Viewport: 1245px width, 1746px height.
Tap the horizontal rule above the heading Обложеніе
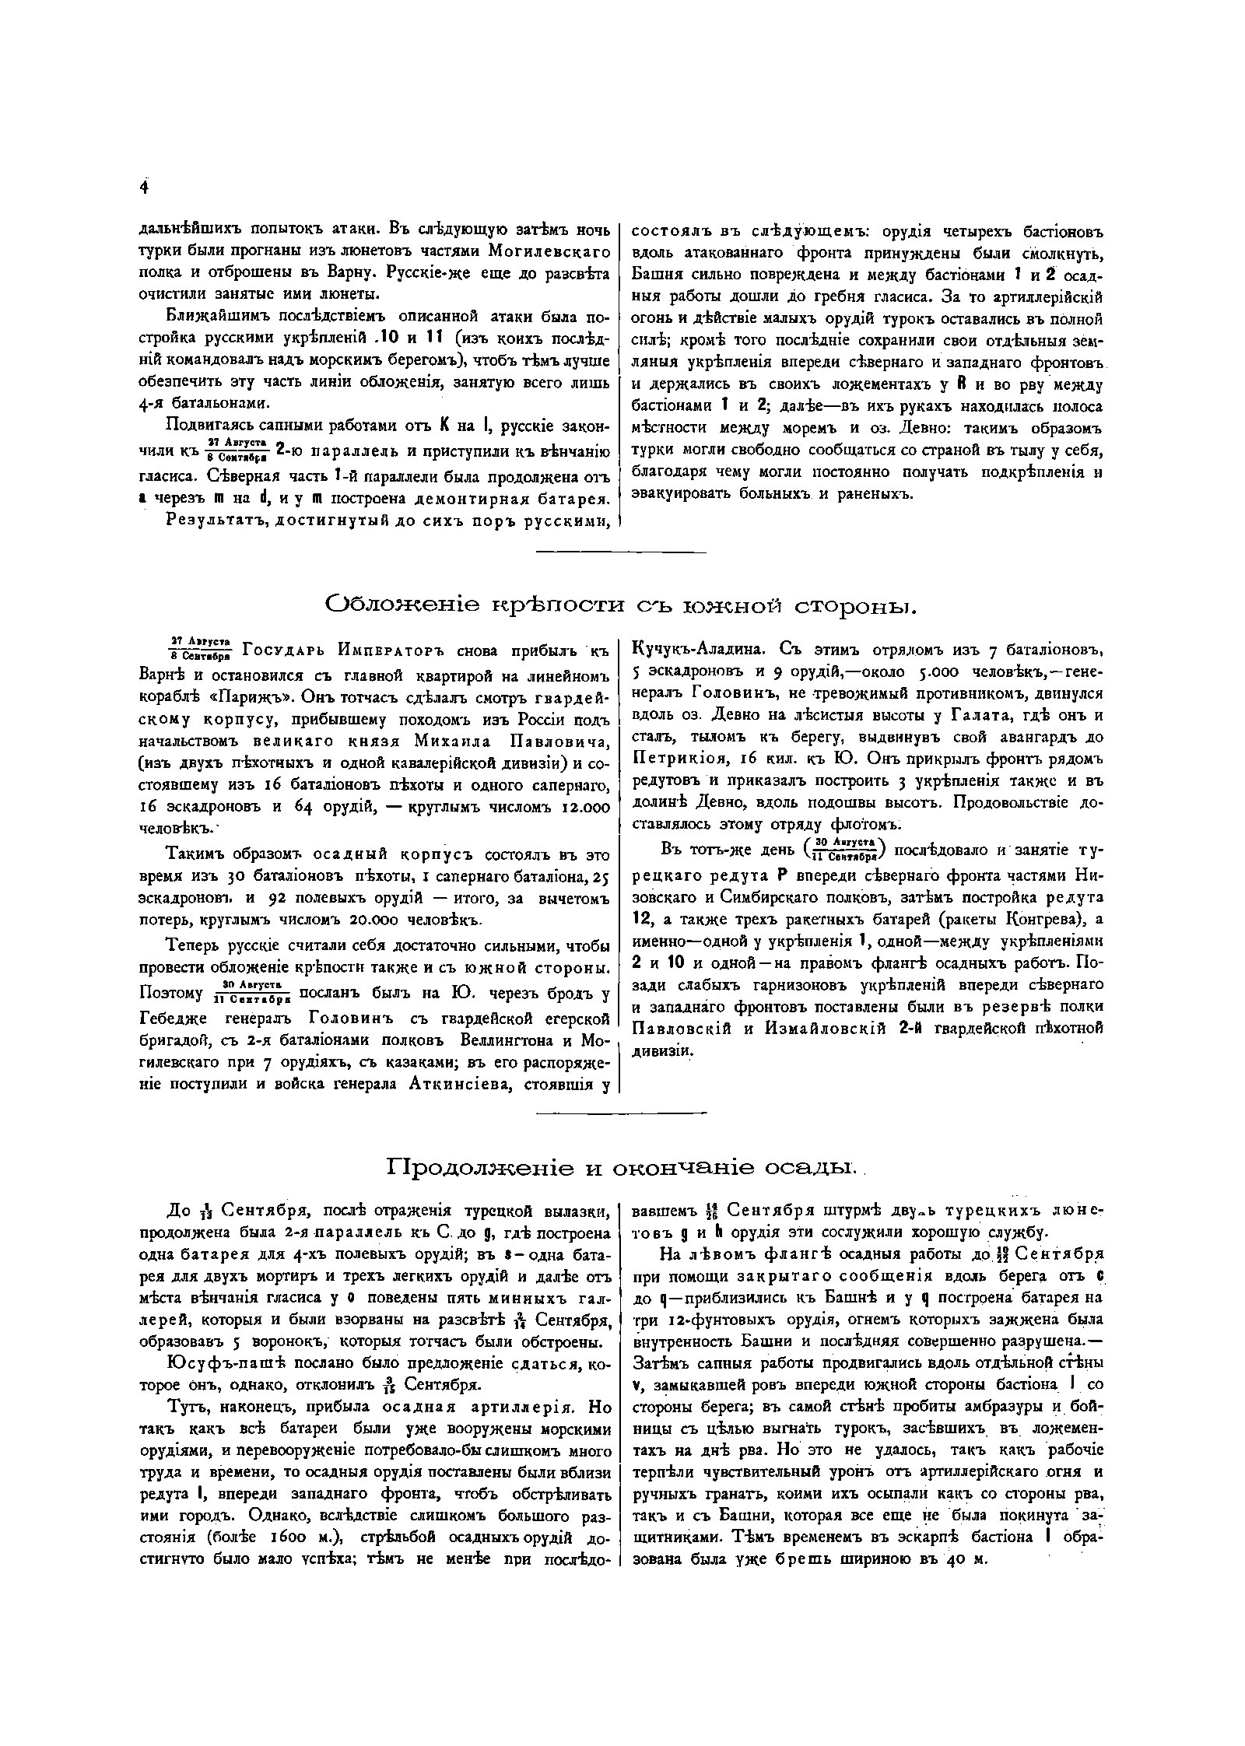tap(622, 553)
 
